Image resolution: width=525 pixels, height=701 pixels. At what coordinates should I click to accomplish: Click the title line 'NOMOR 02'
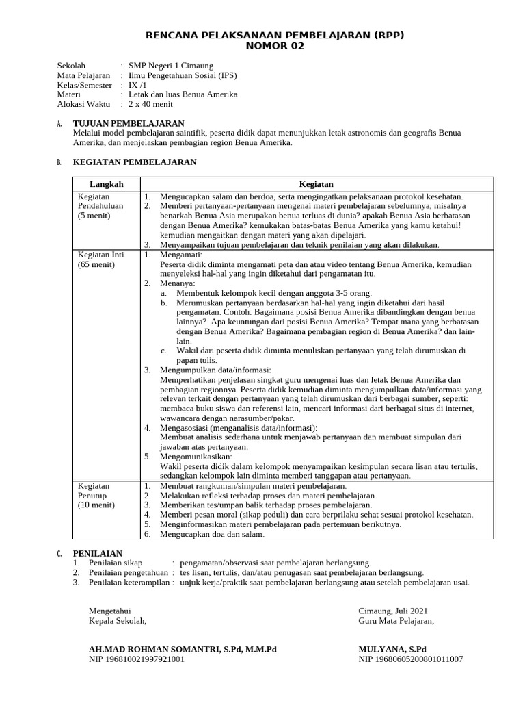[x=274, y=47]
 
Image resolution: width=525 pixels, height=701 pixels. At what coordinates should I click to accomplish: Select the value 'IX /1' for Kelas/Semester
[x=138, y=85]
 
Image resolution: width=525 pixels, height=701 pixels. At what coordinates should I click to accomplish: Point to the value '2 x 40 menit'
[x=150, y=104]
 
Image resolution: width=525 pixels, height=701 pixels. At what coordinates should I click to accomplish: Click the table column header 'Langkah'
[x=107, y=185]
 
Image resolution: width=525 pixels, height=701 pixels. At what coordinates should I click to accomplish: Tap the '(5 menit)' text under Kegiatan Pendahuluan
[x=94, y=215]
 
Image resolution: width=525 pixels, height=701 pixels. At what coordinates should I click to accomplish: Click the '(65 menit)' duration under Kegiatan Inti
[x=96, y=264]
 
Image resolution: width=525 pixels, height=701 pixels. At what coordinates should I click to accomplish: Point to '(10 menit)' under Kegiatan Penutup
[x=96, y=505]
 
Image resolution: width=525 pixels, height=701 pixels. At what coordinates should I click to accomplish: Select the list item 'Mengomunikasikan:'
[x=196, y=456]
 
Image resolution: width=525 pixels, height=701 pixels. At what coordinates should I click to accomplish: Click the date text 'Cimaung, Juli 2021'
[x=393, y=611]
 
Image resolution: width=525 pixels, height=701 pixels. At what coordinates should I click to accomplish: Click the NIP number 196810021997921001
[x=137, y=659]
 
